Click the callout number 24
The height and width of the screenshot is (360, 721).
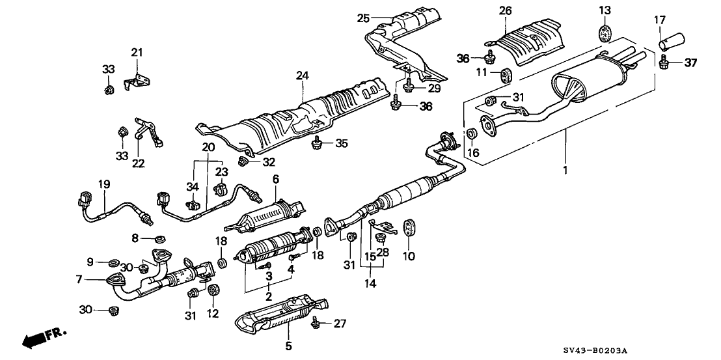coord(301,76)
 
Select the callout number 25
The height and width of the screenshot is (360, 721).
coord(362,18)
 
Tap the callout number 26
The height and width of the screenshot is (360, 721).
coord(506,10)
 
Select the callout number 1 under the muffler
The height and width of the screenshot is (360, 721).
coord(565,171)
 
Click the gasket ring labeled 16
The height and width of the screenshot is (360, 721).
coord(472,135)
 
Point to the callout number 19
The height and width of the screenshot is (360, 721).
coord(102,184)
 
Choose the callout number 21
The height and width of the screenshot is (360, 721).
coord(137,52)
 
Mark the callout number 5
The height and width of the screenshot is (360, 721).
coord(289,345)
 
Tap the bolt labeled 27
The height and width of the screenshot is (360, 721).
coord(315,322)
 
